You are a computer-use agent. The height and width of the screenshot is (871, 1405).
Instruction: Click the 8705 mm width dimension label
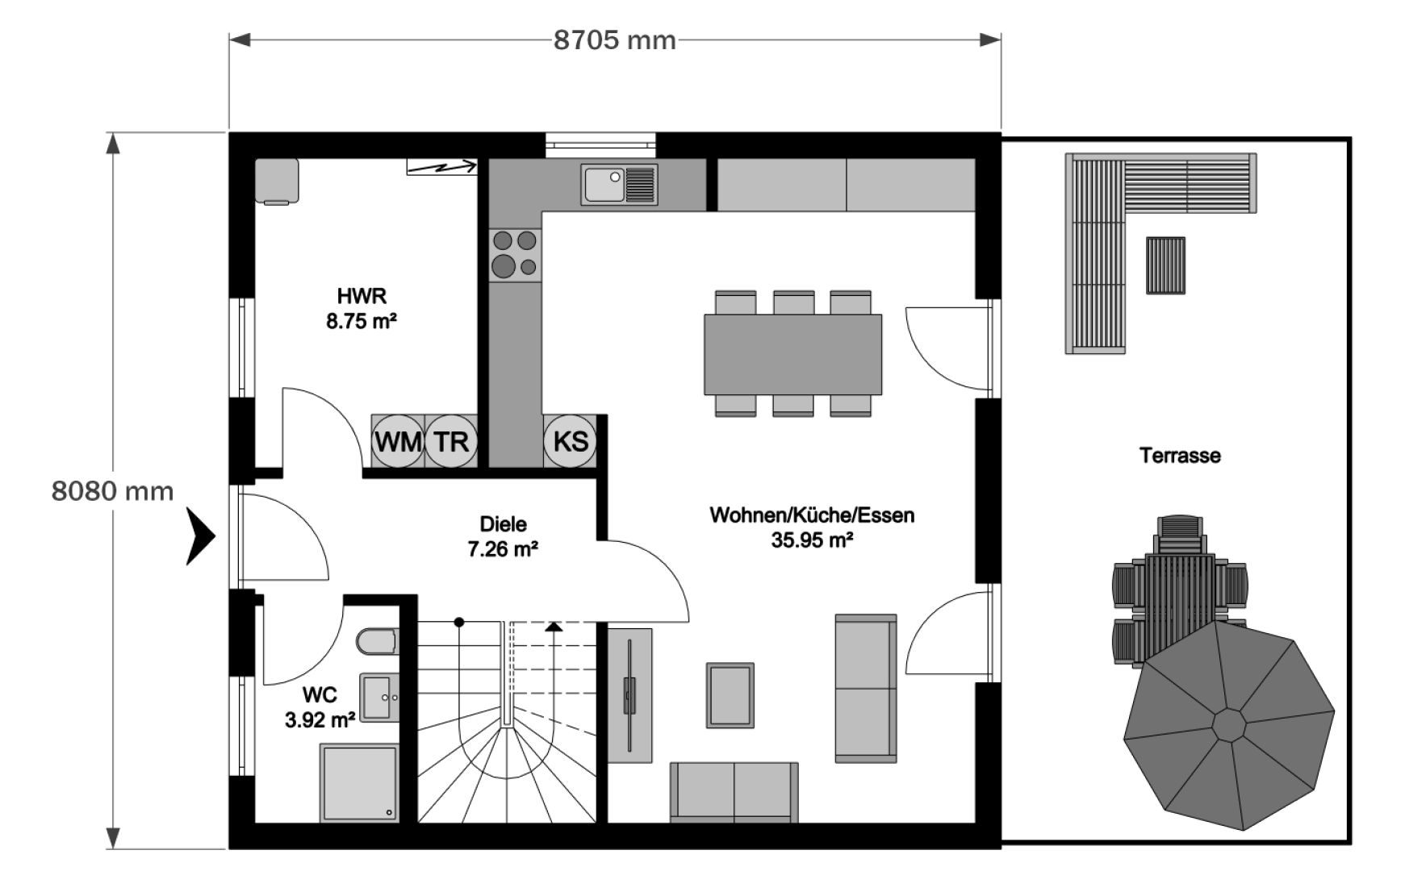tap(614, 40)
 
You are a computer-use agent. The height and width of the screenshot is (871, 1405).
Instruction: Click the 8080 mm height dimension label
tap(112, 490)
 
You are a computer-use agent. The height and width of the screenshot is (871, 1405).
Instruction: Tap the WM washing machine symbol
tap(398, 441)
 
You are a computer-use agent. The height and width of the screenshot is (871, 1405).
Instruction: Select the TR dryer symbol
tap(451, 441)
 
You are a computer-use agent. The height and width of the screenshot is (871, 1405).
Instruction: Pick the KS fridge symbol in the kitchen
tap(570, 441)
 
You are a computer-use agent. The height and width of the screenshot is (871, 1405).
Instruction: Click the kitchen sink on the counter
tap(619, 184)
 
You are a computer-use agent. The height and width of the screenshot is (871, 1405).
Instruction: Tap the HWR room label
tap(362, 295)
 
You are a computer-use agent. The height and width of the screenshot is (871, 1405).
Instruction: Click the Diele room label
tap(503, 524)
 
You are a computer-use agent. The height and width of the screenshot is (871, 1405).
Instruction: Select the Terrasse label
tap(1180, 456)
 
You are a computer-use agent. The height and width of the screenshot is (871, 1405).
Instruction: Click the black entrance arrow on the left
tap(201, 536)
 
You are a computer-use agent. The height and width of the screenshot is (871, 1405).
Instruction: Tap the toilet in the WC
tap(378, 643)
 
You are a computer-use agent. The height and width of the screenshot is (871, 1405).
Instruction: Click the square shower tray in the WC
tap(360, 783)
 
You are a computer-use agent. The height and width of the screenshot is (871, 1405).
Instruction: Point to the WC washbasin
tap(379, 696)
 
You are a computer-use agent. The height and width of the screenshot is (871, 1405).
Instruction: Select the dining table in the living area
tap(792, 355)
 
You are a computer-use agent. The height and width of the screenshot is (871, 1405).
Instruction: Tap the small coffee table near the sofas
tap(730, 695)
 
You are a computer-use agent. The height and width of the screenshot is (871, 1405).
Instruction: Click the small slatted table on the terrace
tap(1166, 265)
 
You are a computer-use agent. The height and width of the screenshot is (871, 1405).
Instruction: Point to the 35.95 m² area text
tap(812, 540)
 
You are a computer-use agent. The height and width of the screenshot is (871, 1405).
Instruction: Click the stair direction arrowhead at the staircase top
tap(554, 626)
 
